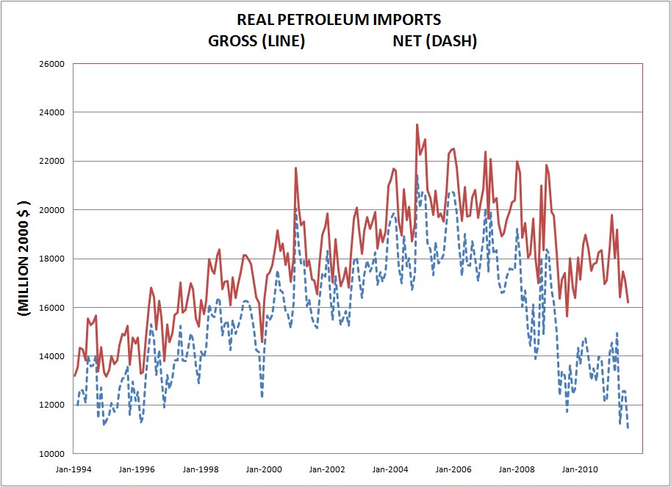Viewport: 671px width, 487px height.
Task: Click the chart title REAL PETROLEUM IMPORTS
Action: point(339,20)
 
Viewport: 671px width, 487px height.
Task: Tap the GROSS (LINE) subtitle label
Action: point(256,41)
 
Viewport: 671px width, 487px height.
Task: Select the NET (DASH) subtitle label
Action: point(435,41)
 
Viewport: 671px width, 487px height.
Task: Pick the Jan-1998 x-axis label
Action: point(200,468)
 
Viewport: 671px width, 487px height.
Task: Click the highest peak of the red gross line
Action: point(417,125)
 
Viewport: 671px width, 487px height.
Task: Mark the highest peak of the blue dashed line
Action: point(417,175)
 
